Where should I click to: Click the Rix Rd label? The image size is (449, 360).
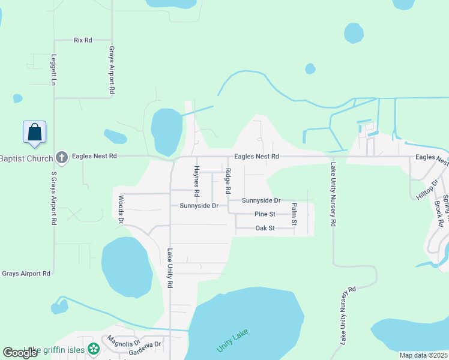83,40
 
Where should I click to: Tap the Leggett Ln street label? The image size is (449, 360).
53,70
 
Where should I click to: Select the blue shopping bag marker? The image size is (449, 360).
35,131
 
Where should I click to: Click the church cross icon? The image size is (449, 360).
61,157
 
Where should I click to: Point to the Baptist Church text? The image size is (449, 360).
26,157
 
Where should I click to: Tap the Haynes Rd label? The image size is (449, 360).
196,181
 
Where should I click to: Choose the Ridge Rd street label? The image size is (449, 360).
228,181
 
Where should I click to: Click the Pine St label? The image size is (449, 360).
265,214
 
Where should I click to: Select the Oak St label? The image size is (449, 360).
265,228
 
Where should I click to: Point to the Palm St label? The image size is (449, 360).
294,214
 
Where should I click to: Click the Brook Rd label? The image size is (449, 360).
438,213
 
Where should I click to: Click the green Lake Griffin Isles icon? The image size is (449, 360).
93,348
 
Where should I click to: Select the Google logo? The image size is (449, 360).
20,353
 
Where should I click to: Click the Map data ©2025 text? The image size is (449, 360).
423,355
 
